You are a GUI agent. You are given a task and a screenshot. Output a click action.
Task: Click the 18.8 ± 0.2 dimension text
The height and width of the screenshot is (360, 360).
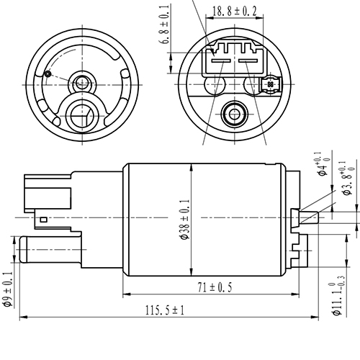coord(235,11)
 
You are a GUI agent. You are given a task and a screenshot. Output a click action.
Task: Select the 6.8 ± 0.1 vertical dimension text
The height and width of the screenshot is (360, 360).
coord(165,24)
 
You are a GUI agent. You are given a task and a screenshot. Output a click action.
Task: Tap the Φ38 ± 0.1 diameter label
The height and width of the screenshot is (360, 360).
coord(185,220)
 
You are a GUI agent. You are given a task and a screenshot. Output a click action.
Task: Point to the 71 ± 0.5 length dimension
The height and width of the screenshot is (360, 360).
coord(215,287)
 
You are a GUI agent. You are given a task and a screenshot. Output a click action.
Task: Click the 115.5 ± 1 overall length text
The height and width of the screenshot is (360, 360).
coord(165,310)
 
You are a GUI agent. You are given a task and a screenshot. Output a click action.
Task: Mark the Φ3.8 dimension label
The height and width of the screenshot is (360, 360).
coord(348,178)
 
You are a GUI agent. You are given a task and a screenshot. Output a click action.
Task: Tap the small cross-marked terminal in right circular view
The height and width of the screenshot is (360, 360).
coord(270,84)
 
